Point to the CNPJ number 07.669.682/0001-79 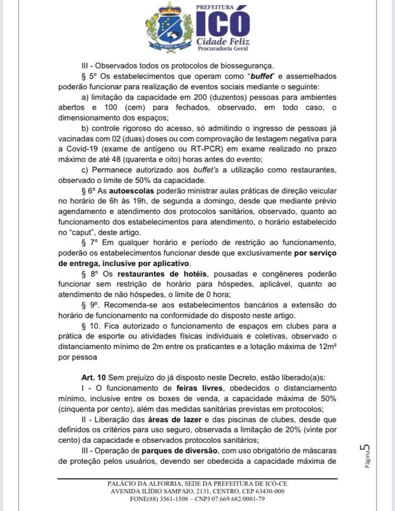[x=231, y=499]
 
